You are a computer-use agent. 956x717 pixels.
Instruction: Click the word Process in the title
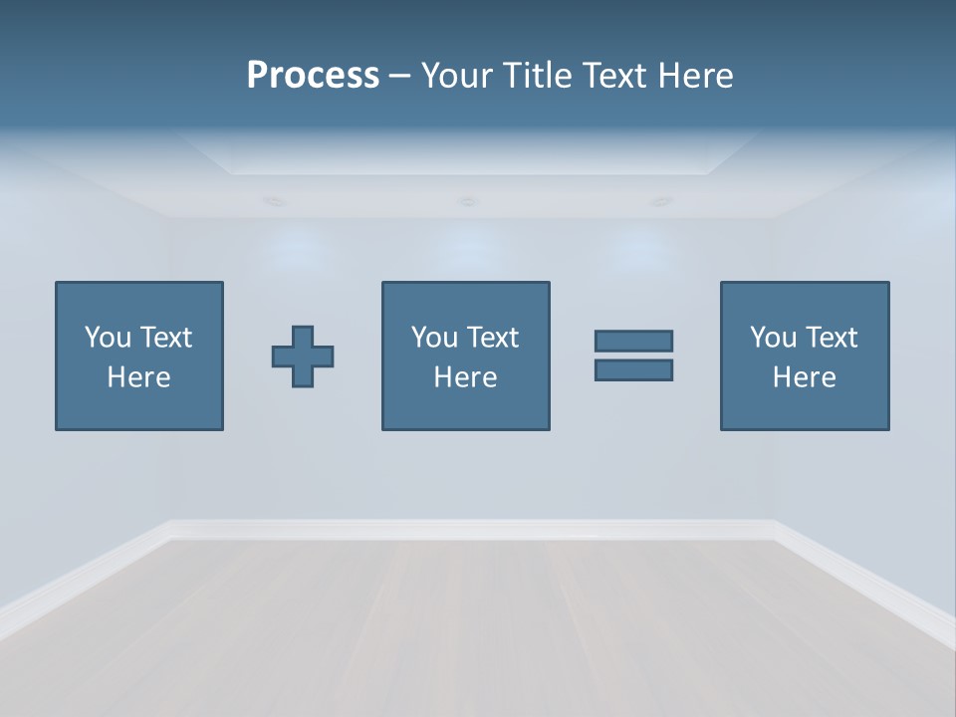click(x=313, y=76)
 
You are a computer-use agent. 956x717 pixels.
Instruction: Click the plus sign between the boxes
click(x=303, y=357)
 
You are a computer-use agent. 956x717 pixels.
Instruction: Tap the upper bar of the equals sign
click(x=633, y=341)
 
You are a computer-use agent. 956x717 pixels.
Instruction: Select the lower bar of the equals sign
click(x=633, y=369)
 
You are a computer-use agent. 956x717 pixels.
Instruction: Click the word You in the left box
click(x=109, y=338)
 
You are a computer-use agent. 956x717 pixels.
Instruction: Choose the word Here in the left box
click(x=138, y=377)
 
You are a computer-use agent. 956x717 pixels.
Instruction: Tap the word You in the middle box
click(x=435, y=338)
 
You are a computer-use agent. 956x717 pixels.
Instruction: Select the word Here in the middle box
click(x=465, y=377)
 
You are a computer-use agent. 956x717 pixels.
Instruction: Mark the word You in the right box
click(x=774, y=338)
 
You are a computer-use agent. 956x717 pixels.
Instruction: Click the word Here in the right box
click(x=804, y=377)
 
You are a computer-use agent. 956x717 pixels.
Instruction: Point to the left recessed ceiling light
click(x=274, y=202)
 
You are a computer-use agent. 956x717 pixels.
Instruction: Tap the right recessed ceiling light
click(x=660, y=202)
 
